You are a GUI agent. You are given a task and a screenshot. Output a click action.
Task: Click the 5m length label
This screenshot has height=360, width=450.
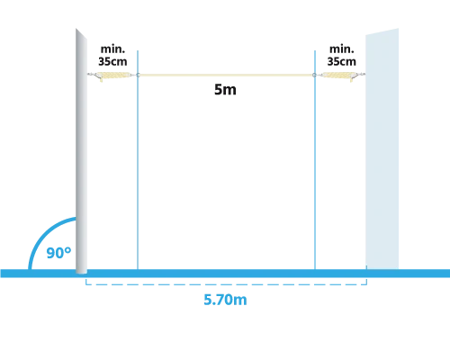pos(225,89)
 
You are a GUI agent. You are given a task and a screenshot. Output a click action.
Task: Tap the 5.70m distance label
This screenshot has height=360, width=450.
pos(225,300)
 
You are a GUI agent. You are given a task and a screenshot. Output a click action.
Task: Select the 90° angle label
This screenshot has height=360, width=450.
pos(58,253)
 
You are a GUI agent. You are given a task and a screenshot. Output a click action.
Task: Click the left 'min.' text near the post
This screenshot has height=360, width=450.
pos(112,49)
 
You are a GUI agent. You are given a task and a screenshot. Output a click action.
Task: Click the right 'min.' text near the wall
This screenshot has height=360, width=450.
pos(342,49)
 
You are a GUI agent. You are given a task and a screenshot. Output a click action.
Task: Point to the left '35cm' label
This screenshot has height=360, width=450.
pos(112,61)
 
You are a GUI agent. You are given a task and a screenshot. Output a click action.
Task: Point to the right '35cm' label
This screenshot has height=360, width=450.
pos(342,61)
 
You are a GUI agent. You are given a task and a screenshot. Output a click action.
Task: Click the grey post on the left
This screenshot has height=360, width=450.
pos(81,151)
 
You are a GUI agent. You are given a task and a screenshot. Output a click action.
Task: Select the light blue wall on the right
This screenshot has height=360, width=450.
pos(382,149)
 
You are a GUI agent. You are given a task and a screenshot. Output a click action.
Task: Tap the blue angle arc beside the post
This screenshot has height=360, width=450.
pos(42,232)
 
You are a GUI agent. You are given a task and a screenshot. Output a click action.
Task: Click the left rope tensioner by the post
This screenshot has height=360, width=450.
pos(112,76)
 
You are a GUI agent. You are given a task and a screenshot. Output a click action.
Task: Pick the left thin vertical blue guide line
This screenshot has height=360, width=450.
pos(138,160)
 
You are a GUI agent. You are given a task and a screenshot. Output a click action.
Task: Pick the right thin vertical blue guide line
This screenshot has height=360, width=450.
pos(315,160)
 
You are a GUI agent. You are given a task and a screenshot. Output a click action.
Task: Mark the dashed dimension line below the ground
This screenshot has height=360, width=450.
pos(226,283)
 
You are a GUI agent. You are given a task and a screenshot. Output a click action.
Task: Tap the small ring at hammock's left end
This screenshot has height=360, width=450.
pos(138,75)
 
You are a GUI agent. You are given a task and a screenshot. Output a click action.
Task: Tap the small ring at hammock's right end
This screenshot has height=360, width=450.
pos(314,75)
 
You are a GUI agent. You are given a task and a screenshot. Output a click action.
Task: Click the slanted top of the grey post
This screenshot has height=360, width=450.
pos(81,33)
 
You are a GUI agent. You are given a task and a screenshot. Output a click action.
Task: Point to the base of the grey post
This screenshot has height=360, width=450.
pos(81,271)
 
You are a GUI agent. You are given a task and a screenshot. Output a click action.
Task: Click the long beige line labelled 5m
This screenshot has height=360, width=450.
pos(226,75)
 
